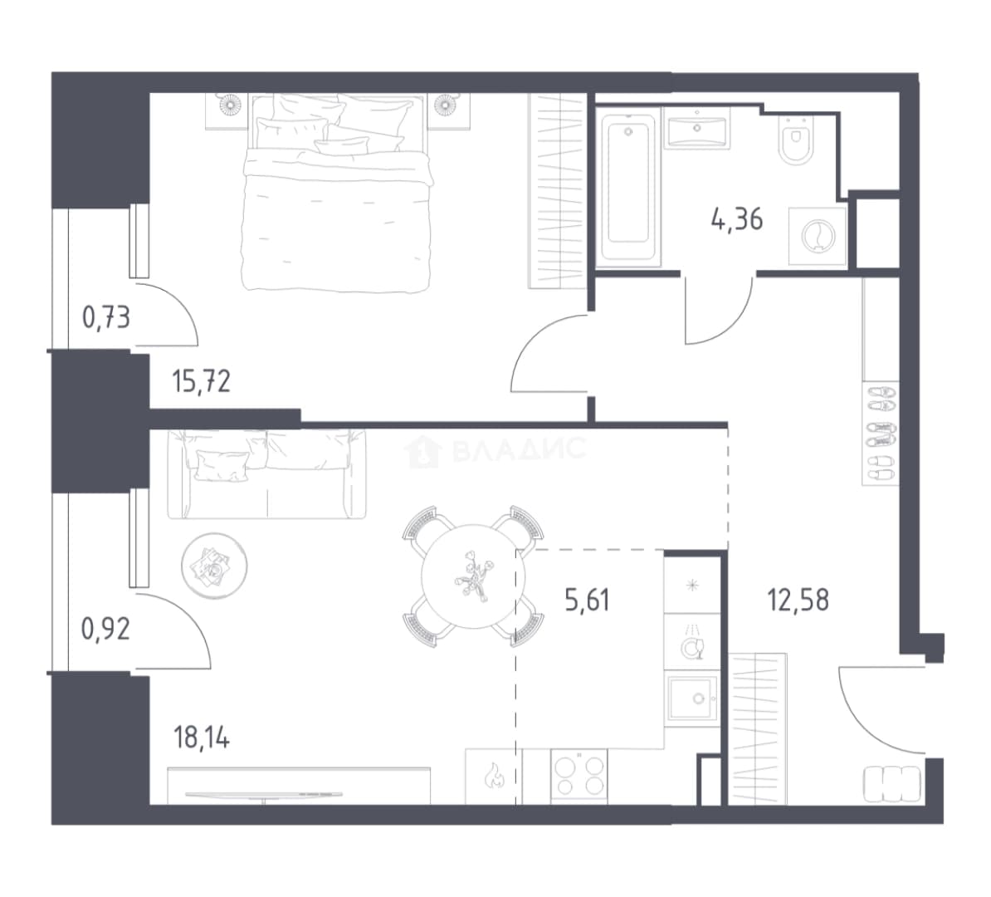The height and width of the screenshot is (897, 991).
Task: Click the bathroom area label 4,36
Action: pyautogui.click(x=737, y=220)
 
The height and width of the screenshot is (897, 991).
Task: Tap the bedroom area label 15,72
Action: pyautogui.click(x=202, y=382)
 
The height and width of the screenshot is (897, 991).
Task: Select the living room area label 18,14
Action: pyautogui.click(x=202, y=738)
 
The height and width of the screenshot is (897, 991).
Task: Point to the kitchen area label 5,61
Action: pyautogui.click(x=588, y=600)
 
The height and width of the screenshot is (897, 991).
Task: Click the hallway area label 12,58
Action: pyautogui.click(x=798, y=600)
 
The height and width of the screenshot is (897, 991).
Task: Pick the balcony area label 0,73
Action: pyautogui.click(x=106, y=317)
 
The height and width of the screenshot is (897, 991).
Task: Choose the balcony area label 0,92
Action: pyautogui.click(x=106, y=630)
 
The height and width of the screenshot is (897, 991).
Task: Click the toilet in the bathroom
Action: pyautogui.click(x=795, y=140)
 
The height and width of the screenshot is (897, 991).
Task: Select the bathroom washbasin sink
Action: pyautogui.click(x=697, y=129)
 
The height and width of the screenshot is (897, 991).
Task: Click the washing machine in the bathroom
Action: pyautogui.click(x=818, y=236)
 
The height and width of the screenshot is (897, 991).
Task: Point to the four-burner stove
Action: pyautogui.click(x=579, y=777)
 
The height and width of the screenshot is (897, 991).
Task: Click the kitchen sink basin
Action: pyautogui.click(x=693, y=698)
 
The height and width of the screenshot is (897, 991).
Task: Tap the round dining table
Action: pyautogui.click(x=472, y=576)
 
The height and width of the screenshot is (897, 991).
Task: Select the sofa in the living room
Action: pyautogui.click(x=266, y=474)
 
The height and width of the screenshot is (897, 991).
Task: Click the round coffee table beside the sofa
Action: pyautogui.click(x=214, y=566)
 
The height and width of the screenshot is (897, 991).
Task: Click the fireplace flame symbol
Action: pyautogui.click(x=494, y=777)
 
